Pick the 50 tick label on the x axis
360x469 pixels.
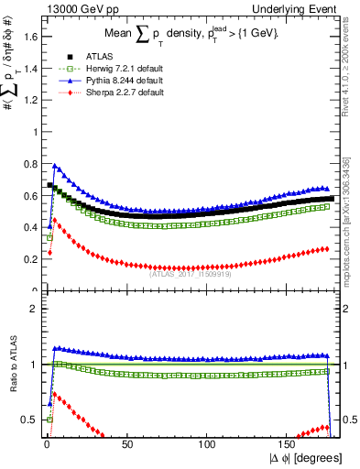[126, 444]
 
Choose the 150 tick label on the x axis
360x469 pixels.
[289, 444]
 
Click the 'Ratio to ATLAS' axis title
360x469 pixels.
[11, 365]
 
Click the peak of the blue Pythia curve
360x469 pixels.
[55, 166]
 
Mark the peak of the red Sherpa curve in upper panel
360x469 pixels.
[54, 220]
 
